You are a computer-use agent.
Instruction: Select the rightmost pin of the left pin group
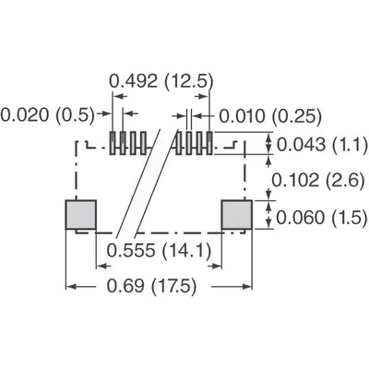[145, 143]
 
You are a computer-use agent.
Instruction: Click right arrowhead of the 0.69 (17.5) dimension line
[249, 287]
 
